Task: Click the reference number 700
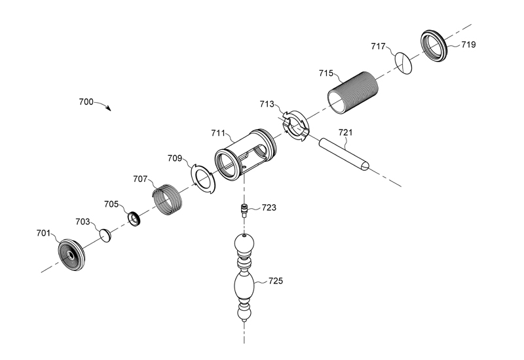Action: coord(86,102)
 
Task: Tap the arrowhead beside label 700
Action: coord(109,109)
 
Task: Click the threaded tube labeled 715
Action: coord(354,92)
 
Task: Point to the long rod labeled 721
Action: coord(345,153)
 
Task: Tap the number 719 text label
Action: coord(468,45)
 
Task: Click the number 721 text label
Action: coord(345,133)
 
